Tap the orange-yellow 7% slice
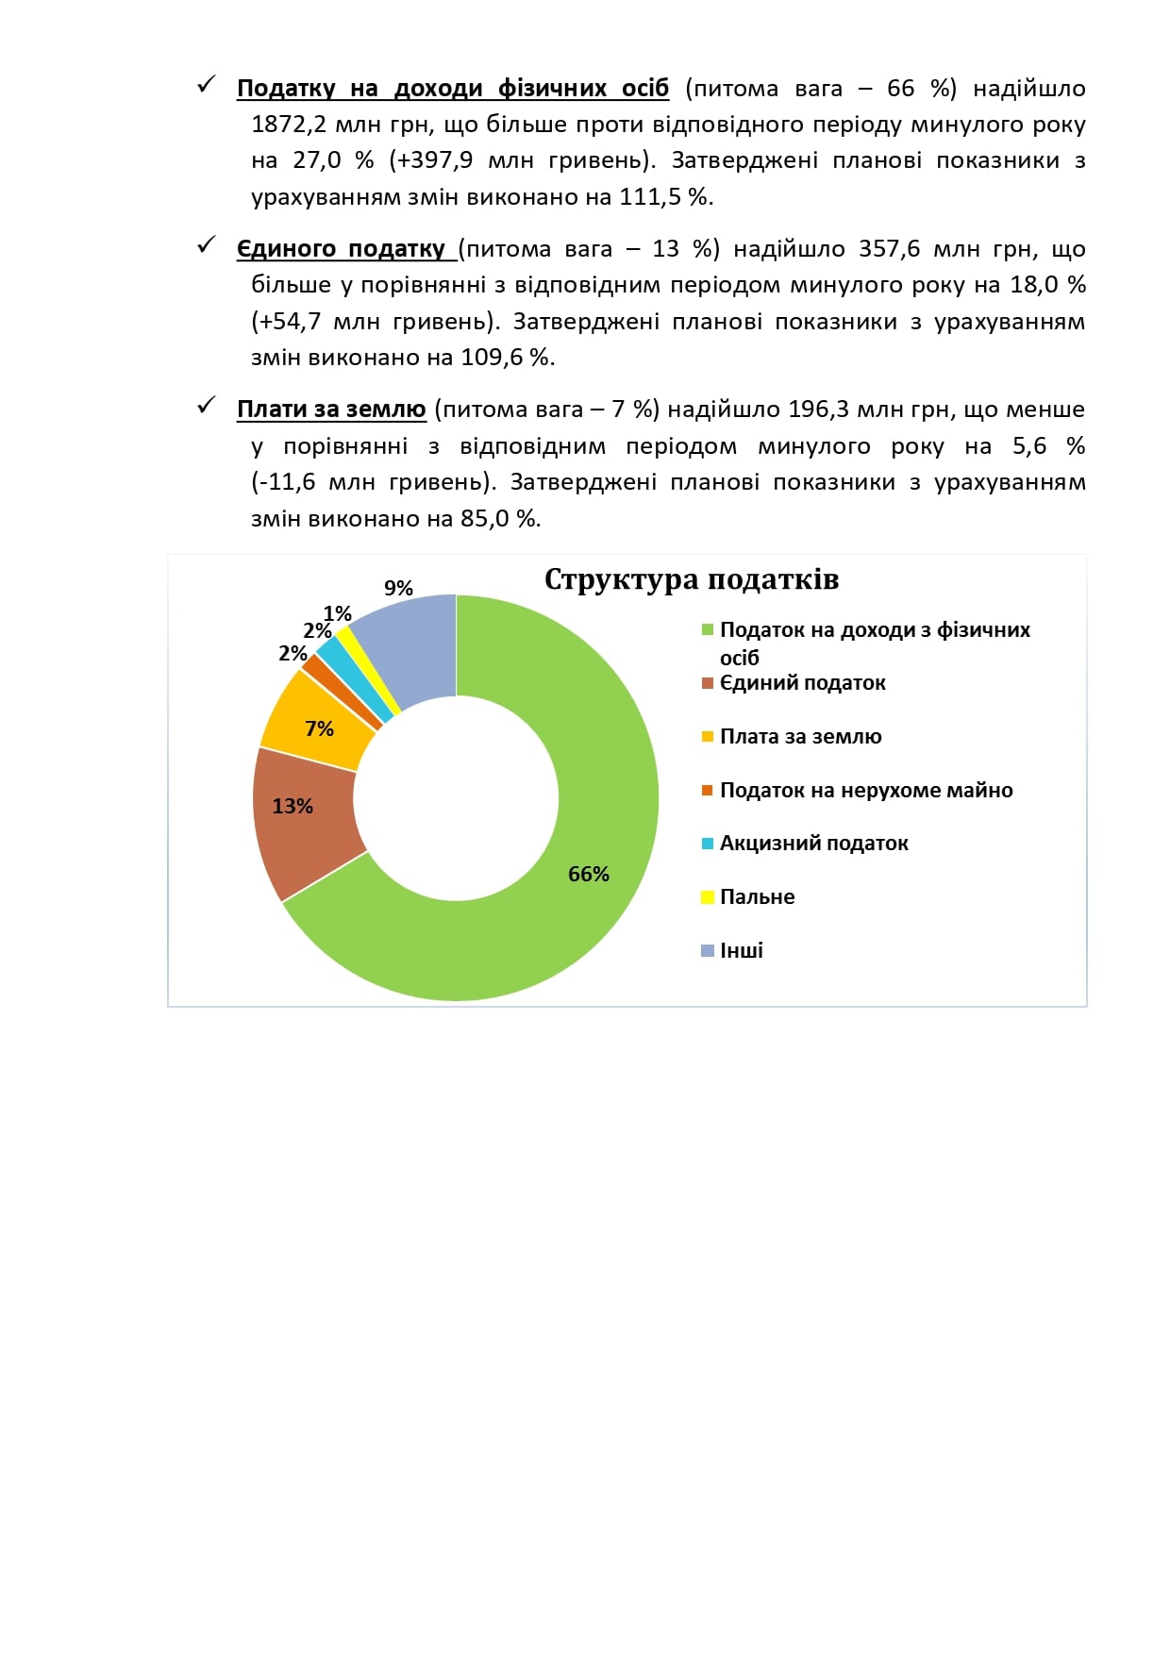[316, 722]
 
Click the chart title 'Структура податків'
[692, 578]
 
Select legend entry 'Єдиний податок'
[802, 682]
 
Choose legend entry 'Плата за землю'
[800, 736]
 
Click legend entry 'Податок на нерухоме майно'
[865, 790]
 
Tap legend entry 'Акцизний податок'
[813, 843]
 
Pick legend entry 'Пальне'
[757, 896]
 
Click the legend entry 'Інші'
[741, 950]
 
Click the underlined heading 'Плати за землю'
[331, 410]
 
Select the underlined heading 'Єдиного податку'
[341, 249]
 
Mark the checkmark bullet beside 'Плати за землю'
[207, 406]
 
